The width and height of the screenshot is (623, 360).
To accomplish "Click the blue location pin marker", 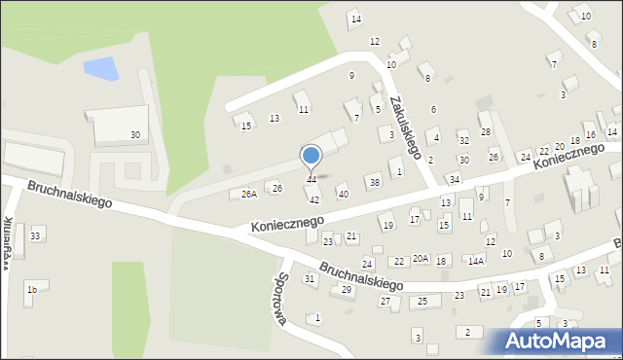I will pyautogui.click(x=311, y=156).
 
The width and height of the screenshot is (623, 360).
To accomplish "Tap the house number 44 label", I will pyautogui.click(x=311, y=179).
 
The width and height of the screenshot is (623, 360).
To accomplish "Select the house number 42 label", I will pyautogui.click(x=314, y=198).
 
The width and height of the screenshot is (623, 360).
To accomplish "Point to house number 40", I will pyautogui.click(x=343, y=194).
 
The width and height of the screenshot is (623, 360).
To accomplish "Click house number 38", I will pyautogui.click(x=374, y=182).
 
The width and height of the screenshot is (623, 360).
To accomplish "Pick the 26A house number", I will pyautogui.click(x=249, y=195).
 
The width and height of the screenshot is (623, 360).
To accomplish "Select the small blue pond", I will pyautogui.click(x=100, y=69).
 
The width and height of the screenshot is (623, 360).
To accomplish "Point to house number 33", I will pyautogui.click(x=36, y=235).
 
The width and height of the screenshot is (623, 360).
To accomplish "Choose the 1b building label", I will pyautogui.click(x=32, y=289).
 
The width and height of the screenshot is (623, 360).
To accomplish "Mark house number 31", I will pyautogui.click(x=310, y=279).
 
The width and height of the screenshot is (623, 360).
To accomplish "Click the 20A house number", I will pyautogui.click(x=421, y=258).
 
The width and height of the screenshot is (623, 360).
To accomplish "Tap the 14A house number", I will pyautogui.click(x=475, y=261).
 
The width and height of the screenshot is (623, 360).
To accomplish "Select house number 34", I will pyautogui.click(x=454, y=179).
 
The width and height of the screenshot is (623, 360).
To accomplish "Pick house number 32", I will pyautogui.click(x=464, y=140).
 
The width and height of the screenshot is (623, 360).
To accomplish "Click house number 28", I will pyautogui.click(x=486, y=131).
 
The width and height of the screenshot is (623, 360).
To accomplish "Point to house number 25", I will pyautogui.click(x=422, y=302).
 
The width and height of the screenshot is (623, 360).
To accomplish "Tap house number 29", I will pyautogui.click(x=347, y=290).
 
